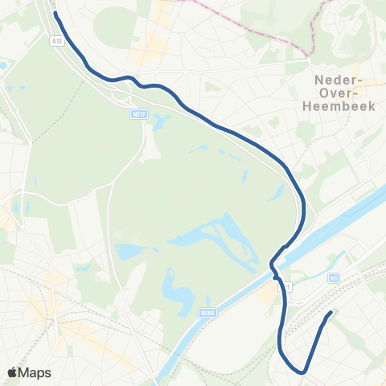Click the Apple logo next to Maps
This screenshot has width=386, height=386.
tap(12, 372)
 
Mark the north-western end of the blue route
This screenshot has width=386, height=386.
tap(55, 14)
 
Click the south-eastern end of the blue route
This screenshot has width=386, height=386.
tap(331, 313)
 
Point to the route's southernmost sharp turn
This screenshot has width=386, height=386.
tap(302, 372)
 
